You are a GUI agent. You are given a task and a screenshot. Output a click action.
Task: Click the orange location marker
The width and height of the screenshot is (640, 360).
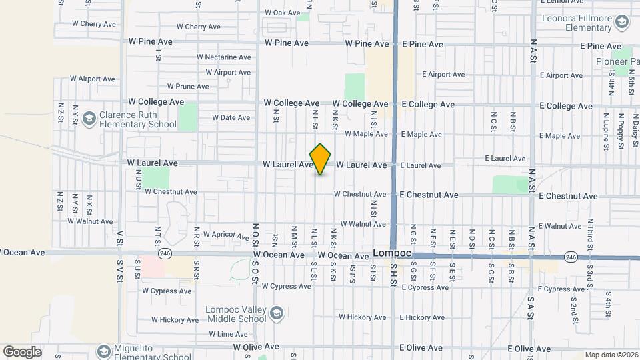[321, 159]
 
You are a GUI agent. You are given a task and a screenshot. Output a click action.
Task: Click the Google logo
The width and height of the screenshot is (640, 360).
[21, 352]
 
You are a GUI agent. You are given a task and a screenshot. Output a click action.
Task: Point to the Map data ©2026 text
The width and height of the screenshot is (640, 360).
[611, 355]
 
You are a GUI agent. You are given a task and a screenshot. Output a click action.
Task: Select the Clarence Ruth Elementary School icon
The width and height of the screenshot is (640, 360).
[88, 119]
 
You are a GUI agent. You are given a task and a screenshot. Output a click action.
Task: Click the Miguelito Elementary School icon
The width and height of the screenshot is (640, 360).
[103, 351]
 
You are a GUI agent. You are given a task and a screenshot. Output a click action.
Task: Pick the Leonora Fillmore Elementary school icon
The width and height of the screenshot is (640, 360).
[621, 24]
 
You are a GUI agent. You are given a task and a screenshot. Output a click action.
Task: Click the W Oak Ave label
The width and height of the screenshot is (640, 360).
[283, 13]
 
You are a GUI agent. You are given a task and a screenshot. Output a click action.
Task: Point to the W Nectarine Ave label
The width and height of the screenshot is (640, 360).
[224, 57]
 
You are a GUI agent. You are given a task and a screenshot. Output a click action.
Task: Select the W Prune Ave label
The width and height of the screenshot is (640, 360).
[189, 87]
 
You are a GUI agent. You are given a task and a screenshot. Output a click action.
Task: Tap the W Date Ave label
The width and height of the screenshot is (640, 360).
[231, 118]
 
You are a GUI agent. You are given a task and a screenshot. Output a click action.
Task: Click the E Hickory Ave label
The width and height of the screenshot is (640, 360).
[425, 318]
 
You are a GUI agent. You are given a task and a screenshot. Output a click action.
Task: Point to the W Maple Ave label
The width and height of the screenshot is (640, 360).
[366, 134]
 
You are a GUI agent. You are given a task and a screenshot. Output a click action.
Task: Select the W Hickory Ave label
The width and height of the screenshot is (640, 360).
[170, 320]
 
